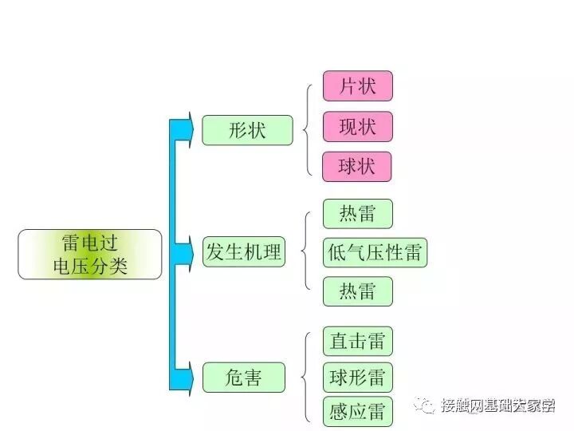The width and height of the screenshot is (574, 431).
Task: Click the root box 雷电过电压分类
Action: pyautogui.click(x=89, y=254)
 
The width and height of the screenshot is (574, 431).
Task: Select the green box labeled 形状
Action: pyautogui.click(x=247, y=130)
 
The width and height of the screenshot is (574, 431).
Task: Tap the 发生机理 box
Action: pyautogui.click(x=243, y=252)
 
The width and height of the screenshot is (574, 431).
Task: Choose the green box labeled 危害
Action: pyautogui.click(x=243, y=377)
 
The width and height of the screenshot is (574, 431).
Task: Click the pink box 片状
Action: pyautogui.click(x=357, y=86)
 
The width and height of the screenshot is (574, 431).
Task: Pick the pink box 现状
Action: pyautogui.click(x=357, y=126)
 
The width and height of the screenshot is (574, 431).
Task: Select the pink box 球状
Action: pyautogui.click(x=357, y=167)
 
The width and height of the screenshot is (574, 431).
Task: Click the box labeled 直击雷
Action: pyautogui.click(x=357, y=342)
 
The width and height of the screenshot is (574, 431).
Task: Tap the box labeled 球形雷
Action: pyautogui.click(x=357, y=377)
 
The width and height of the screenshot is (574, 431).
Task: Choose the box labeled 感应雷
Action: pyautogui.click(x=357, y=411)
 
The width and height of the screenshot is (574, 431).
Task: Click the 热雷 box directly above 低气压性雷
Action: pyautogui.click(x=357, y=214)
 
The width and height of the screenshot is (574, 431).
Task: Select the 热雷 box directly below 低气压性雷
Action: pyautogui.click(x=357, y=291)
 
